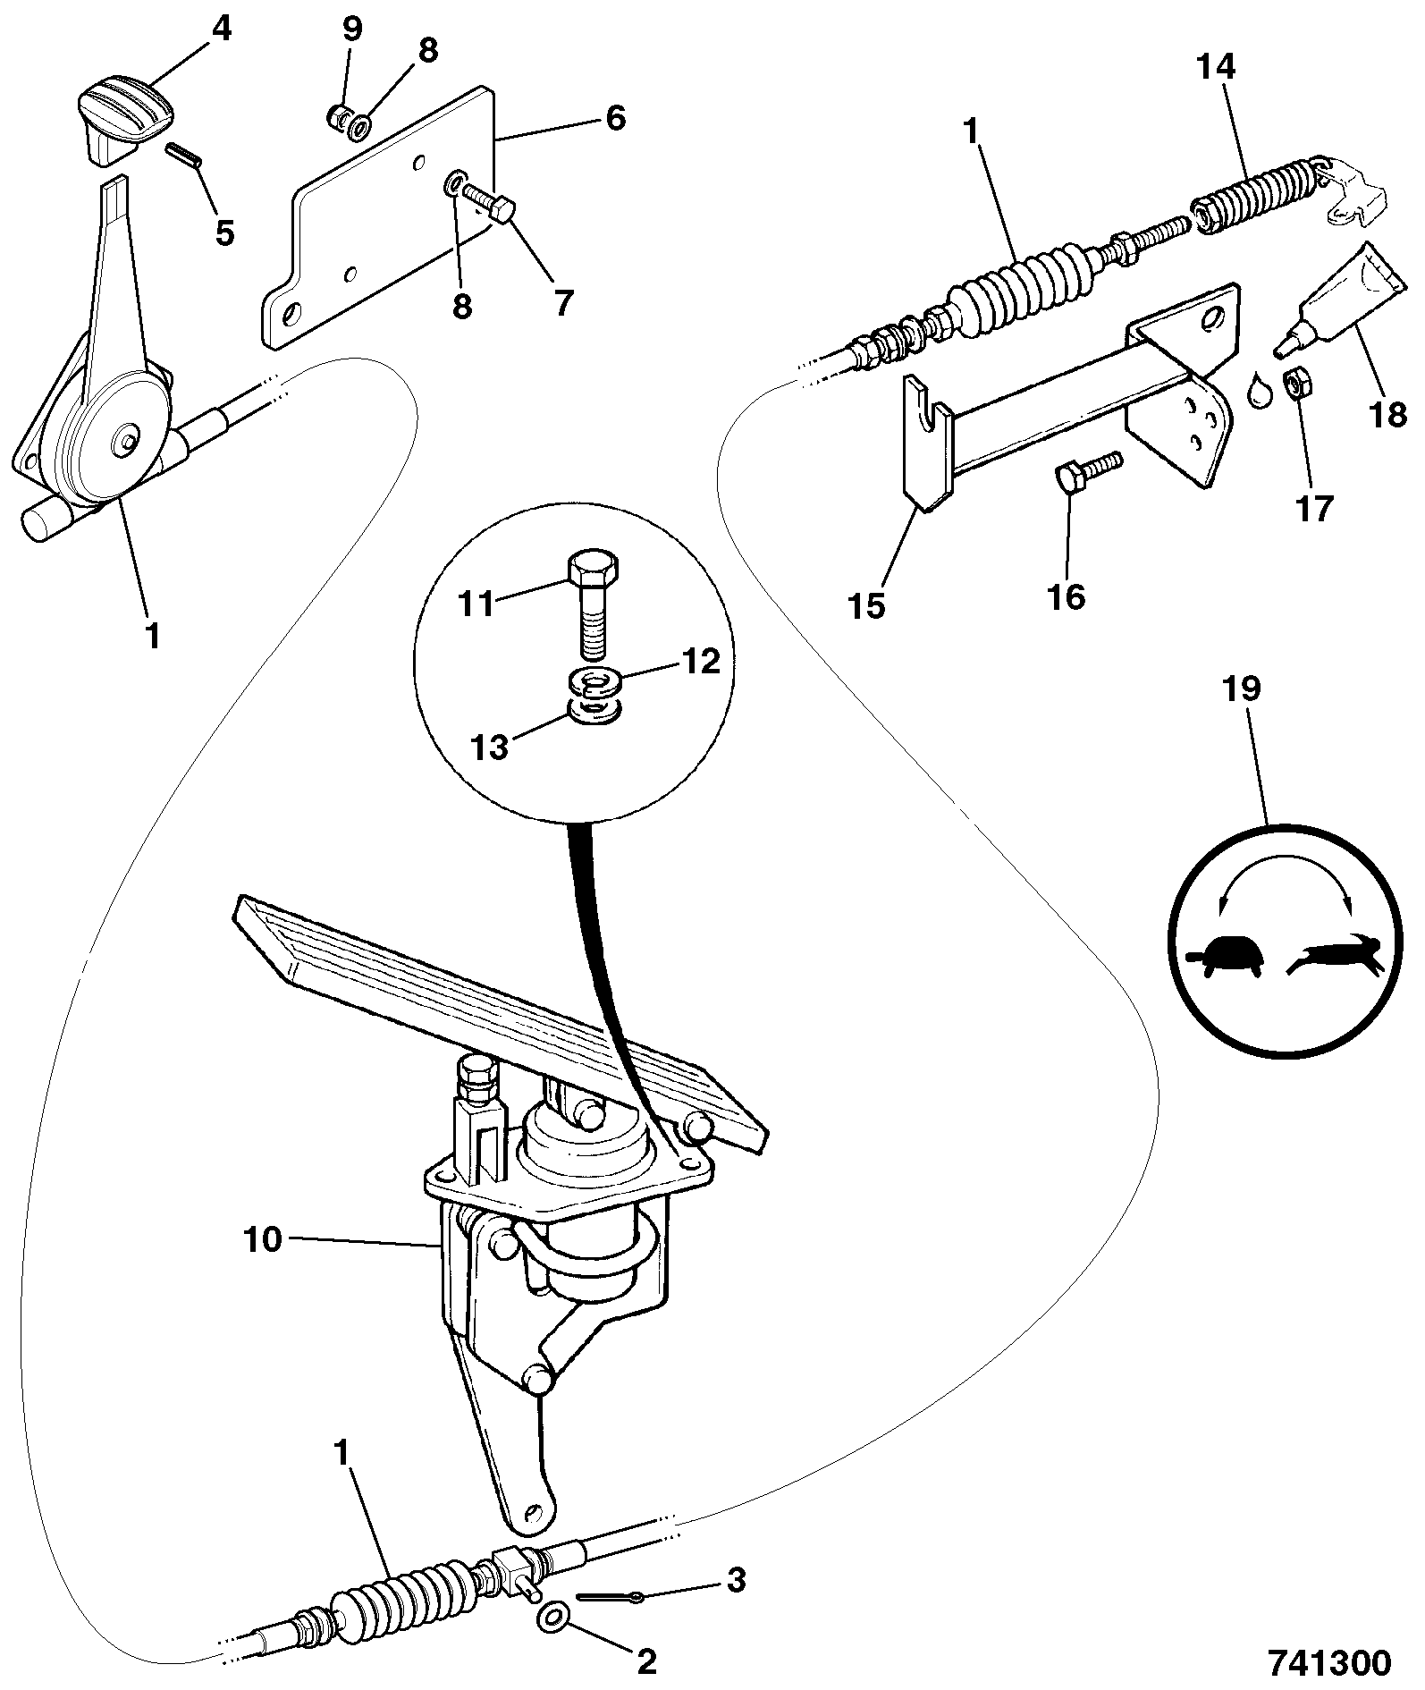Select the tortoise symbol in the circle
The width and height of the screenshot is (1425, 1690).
click(1224, 957)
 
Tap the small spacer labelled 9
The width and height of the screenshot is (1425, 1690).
click(337, 116)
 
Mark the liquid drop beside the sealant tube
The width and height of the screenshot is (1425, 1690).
click(1260, 391)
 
